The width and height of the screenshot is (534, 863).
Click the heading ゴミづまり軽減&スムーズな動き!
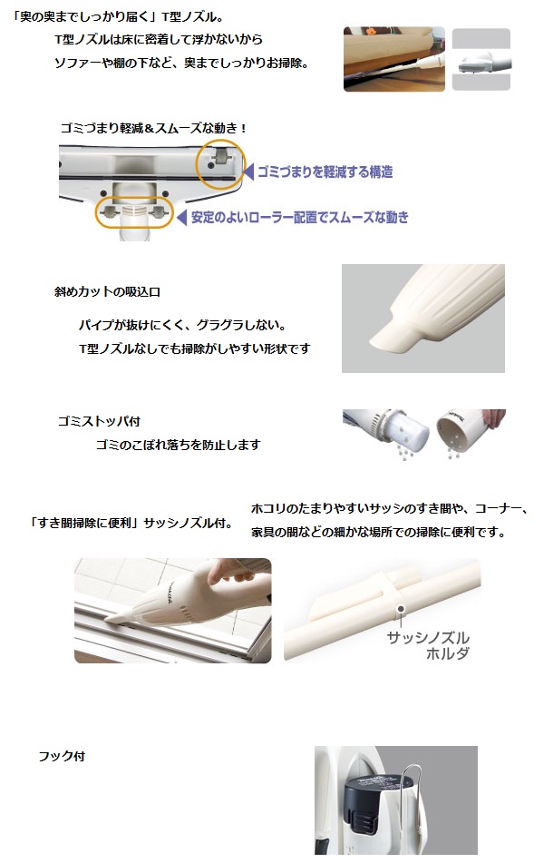pos(153,128)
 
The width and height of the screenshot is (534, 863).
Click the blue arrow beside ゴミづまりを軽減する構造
pos(248,172)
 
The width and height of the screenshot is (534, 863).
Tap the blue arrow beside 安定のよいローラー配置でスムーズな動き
pos(181,218)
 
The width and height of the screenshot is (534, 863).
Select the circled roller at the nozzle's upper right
pos(221,163)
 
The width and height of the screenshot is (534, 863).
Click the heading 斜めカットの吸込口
pos(107,291)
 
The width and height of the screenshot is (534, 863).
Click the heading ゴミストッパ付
pos(99,421)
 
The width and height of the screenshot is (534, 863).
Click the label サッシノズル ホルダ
pos(429,645)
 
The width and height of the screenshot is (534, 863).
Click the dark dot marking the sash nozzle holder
pos(401,609)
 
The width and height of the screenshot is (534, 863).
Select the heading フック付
pos(62,756)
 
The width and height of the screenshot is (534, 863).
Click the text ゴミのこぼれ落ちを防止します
pos(179,445)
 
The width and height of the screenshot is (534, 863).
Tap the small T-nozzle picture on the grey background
pos(481,60)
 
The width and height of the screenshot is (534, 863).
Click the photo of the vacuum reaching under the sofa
pos(394,59)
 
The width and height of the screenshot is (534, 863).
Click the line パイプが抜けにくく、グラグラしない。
pos(183,325)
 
